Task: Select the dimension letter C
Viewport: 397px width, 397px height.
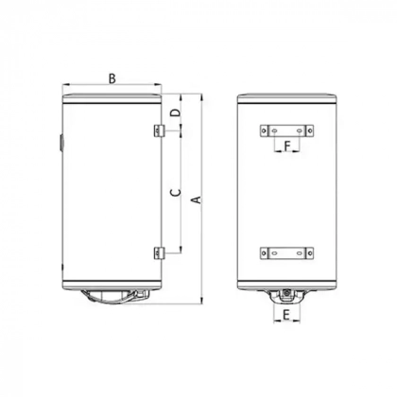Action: pos(174,193)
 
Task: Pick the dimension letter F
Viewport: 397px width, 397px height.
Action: pos(288,145)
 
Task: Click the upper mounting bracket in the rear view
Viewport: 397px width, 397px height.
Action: pos(287,129)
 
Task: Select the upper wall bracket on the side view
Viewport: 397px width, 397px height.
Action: pos(158,129)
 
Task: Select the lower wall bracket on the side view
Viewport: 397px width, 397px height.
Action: pos(158,252)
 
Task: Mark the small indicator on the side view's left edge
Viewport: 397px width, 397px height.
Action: pos(59,143)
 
